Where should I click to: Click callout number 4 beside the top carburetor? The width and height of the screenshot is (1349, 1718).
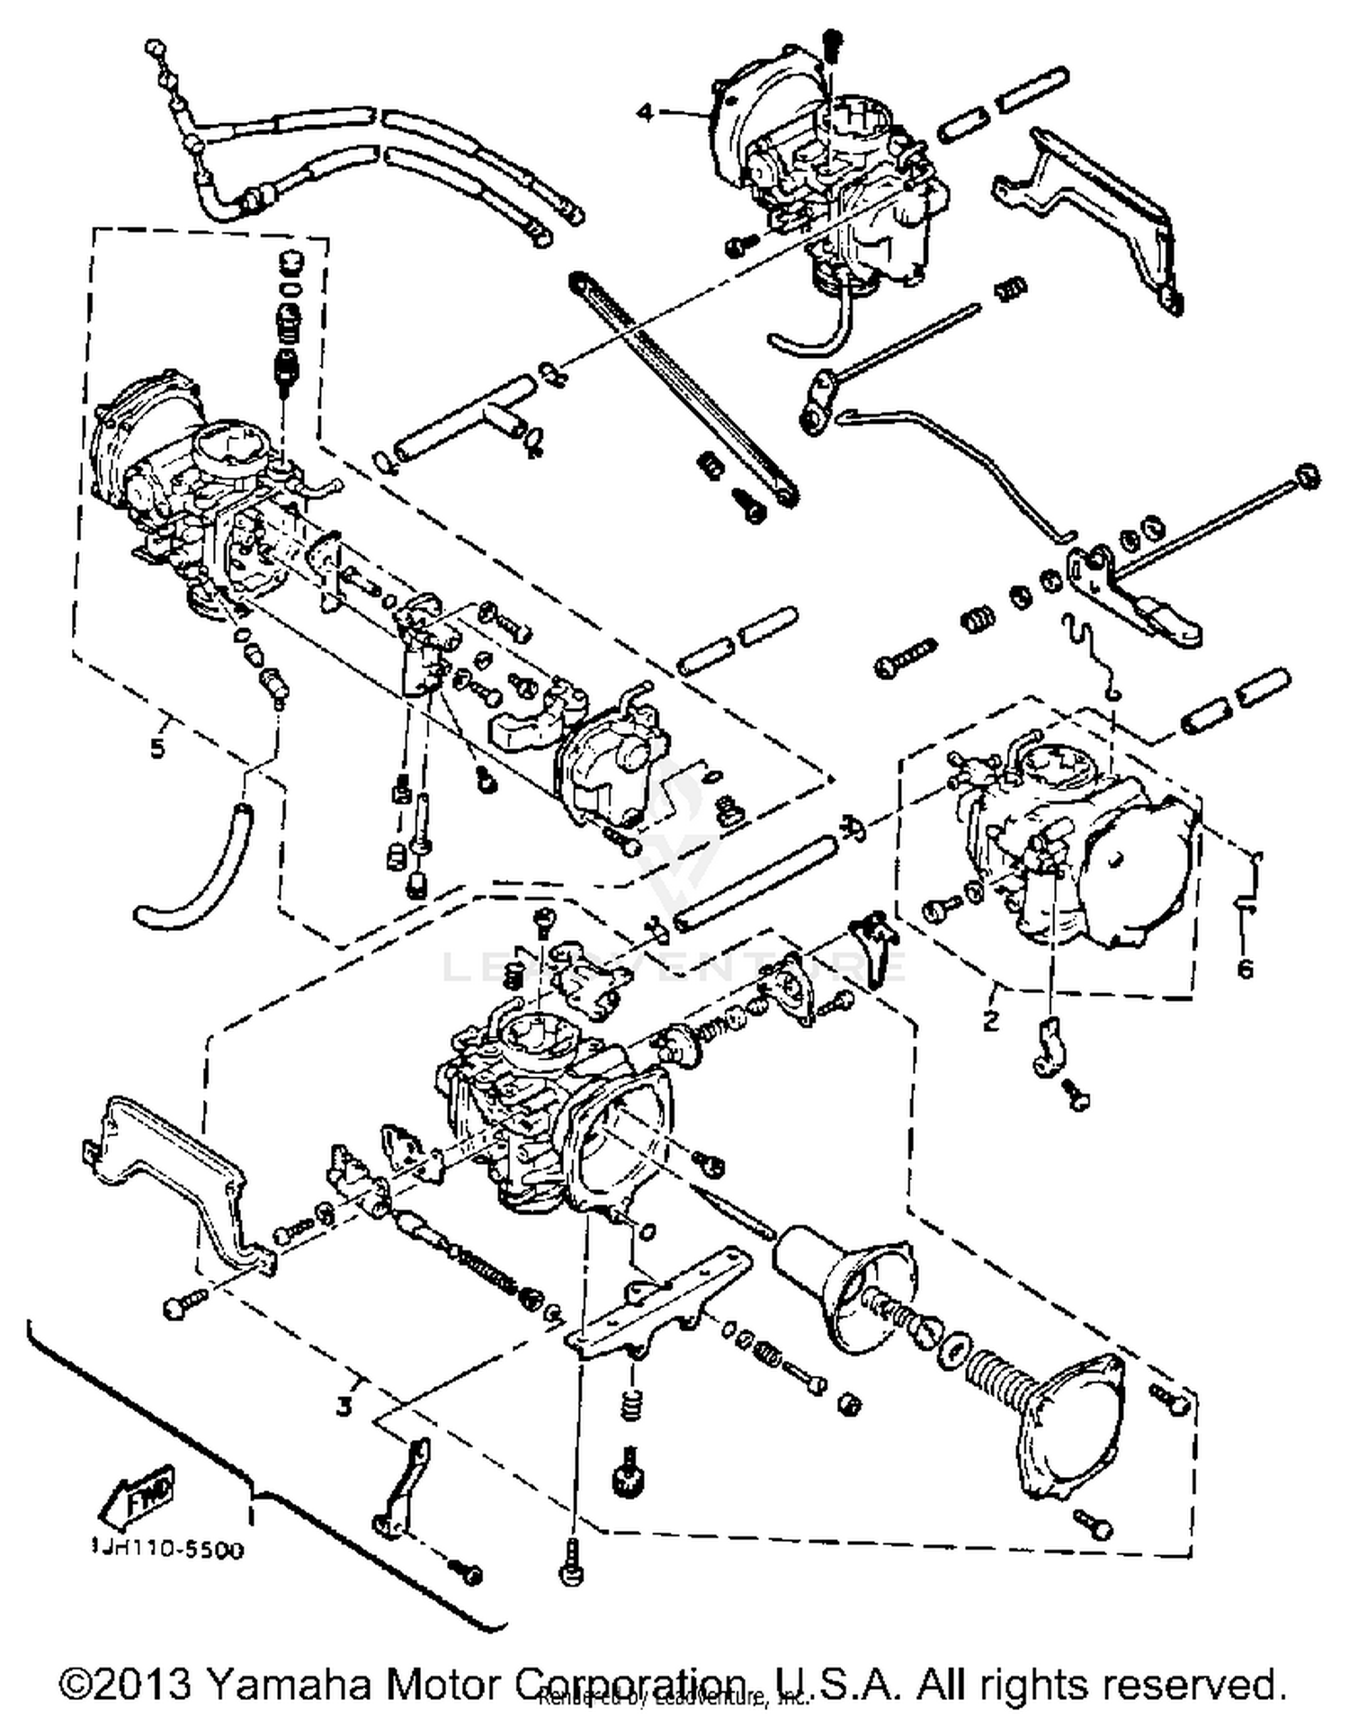644,112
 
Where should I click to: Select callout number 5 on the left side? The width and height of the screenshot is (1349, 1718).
157,747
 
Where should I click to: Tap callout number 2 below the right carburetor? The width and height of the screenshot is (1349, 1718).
990,1020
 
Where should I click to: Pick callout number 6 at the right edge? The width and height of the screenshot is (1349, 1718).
1245,968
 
